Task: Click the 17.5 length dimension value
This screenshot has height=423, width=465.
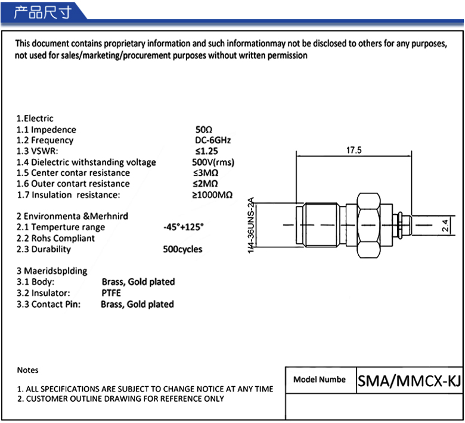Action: pyautogui.click(x=354, y=151)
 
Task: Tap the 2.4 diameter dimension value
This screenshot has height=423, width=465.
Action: pyautogui.click(x=445, y=225)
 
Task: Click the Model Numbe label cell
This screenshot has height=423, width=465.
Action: pyautogui.click(x=320, y=380)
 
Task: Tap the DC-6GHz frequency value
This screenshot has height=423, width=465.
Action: pyautogui.click(x=213, y=140)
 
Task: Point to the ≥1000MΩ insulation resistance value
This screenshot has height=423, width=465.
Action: pyautogui.click(x=212, y=195)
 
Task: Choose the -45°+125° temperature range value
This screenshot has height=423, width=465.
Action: pyautogui.click(x=183, y=227)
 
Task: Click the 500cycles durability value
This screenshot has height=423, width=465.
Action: pyautogui.click(x=182, y=249)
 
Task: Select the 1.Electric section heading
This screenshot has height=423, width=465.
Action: pyautogui.click(x=35, y=118)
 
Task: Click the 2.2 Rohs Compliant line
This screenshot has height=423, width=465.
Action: pyautogui.click(x=55, y=238)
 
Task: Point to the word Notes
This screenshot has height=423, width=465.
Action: pyautogui.click(x=28, y=370)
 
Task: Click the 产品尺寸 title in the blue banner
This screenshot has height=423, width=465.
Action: pyautogui.click(x=43, y=12)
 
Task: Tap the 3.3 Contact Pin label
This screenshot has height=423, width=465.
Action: pyautogui.click(x=49, y=304)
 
